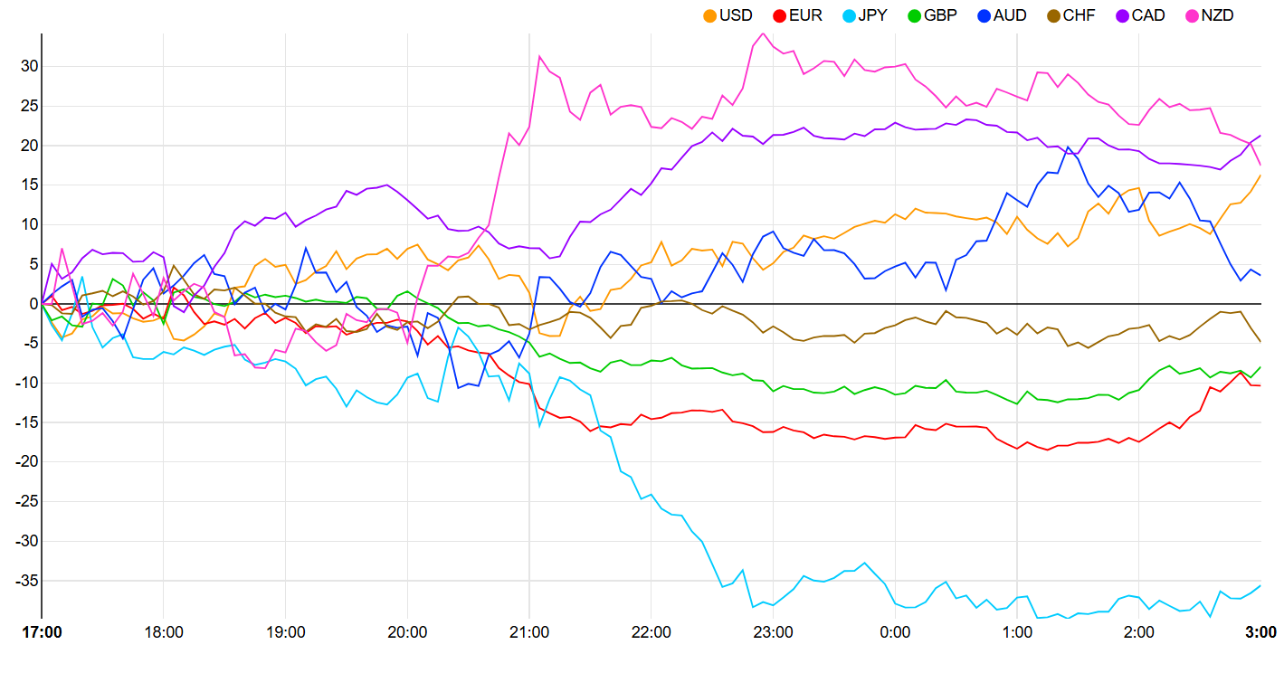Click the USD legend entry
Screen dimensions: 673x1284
click(728, 15)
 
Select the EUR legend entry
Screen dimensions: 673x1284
click(797, 15)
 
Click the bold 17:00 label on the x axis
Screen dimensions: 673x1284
click(42, 632)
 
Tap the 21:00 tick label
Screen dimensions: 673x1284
click(529, 632)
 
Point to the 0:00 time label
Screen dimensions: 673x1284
click(895, 632)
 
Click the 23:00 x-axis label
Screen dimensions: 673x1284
click(773, 632)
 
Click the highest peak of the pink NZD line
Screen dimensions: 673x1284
click(763, 33)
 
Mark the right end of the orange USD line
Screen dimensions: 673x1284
click(1260, 175)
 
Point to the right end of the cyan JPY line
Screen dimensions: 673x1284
click(1260, 585)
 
